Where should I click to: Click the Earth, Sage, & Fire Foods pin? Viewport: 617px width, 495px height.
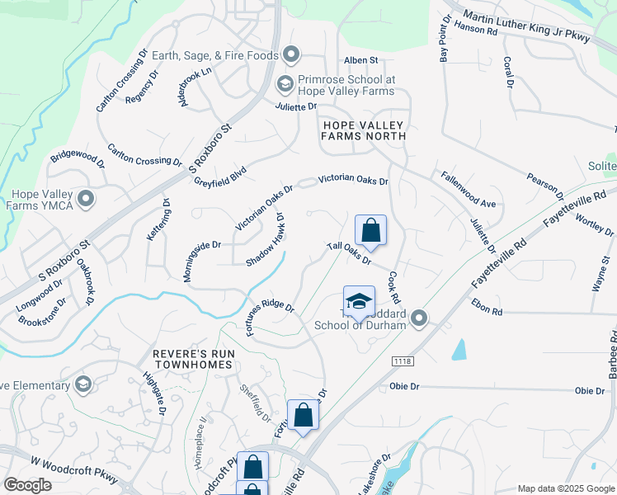(x=290, y=55)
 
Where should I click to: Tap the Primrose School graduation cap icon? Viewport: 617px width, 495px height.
(x=285, y=83)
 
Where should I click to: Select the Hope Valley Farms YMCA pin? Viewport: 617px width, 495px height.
(x=85, y=199)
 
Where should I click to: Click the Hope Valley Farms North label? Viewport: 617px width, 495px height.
(x=364, y=130)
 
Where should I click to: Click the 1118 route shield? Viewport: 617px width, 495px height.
(x=403, y=361)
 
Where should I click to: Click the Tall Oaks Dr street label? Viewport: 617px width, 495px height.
(x=349, y=252)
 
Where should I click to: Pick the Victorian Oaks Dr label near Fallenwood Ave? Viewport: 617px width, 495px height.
(x=353, y=178)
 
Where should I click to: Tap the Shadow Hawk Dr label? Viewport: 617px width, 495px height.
(x=265, y=240)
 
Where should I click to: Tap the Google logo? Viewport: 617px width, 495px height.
(x=27, y=485)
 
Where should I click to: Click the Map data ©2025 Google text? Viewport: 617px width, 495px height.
(x=565, y=488)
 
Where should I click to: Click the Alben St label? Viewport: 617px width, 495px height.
(x=360, y=60)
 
